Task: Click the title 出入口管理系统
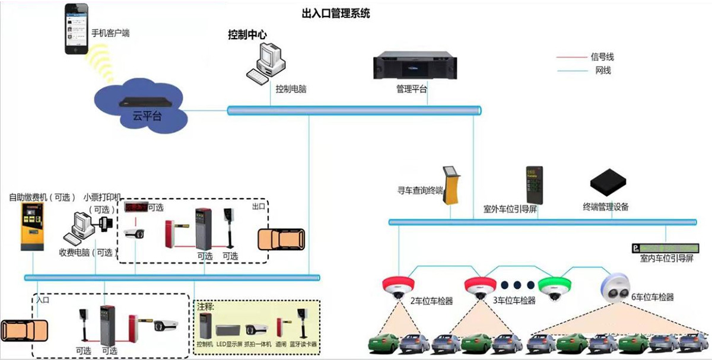coord(336,13)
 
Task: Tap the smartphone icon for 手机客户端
coord(77,31)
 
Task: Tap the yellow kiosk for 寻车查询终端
coord(453,184)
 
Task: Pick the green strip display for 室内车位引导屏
coord(665,248)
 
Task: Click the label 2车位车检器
coord(432,301)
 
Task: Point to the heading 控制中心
coord(247,35)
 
